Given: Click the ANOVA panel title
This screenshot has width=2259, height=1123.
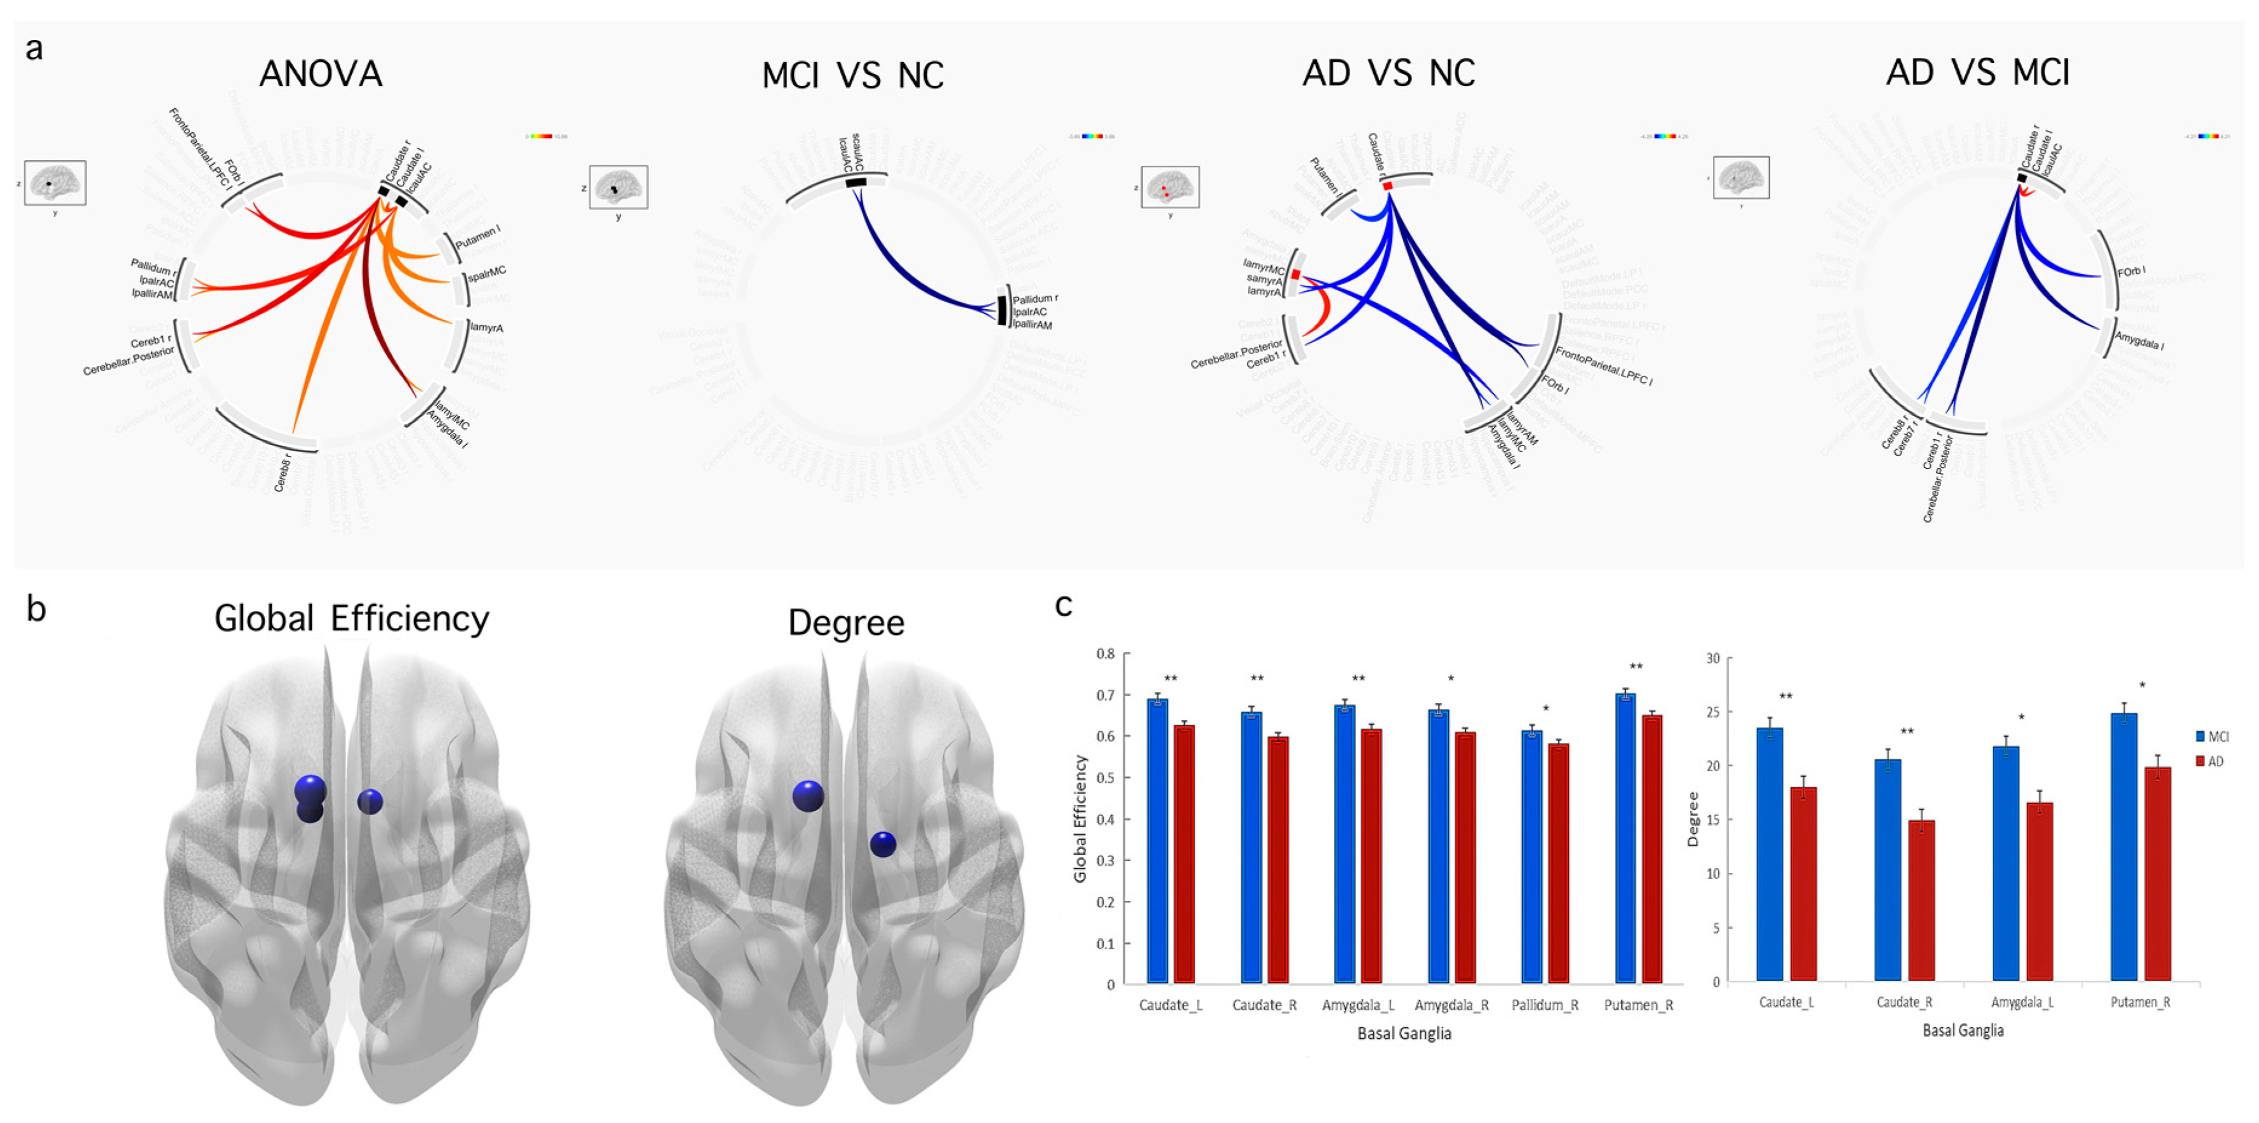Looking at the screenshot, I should coord(321,74).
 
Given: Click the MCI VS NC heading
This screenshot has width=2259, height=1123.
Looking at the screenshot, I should coord(852,76).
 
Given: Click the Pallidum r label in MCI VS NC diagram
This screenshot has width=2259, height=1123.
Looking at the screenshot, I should coord(1035,299).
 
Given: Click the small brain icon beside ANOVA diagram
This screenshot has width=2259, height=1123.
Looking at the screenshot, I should coord(55,182).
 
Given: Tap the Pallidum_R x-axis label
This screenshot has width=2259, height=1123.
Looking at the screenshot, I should coord(1545,1006).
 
